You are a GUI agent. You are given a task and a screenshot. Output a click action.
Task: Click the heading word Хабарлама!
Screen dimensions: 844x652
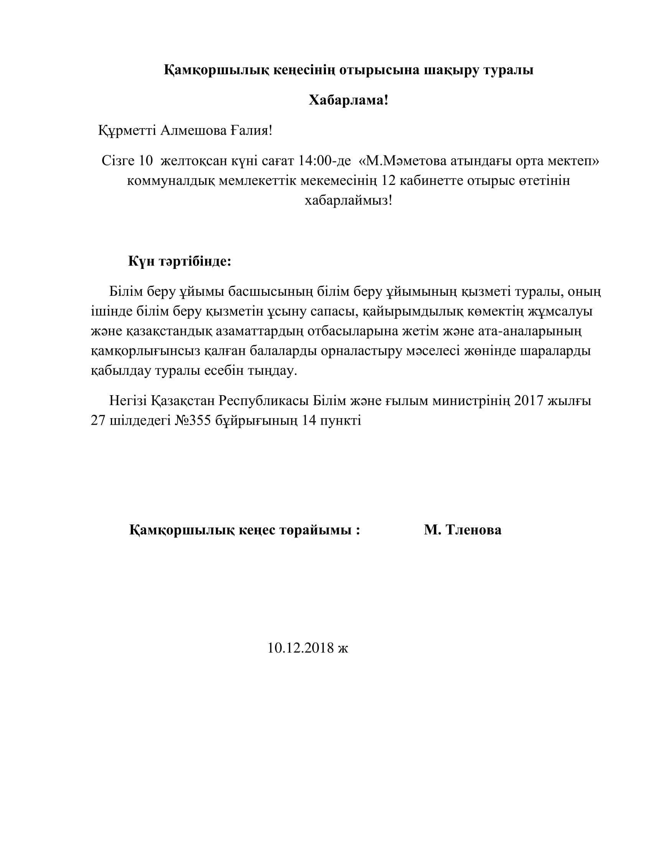coord(348,101)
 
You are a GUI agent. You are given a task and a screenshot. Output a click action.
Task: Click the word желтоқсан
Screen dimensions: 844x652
coord(194,161)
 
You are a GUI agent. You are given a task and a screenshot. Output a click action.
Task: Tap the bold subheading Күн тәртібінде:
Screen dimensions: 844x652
coord(179,262)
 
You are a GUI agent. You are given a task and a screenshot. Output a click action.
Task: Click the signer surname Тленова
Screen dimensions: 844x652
coord(474,530)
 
